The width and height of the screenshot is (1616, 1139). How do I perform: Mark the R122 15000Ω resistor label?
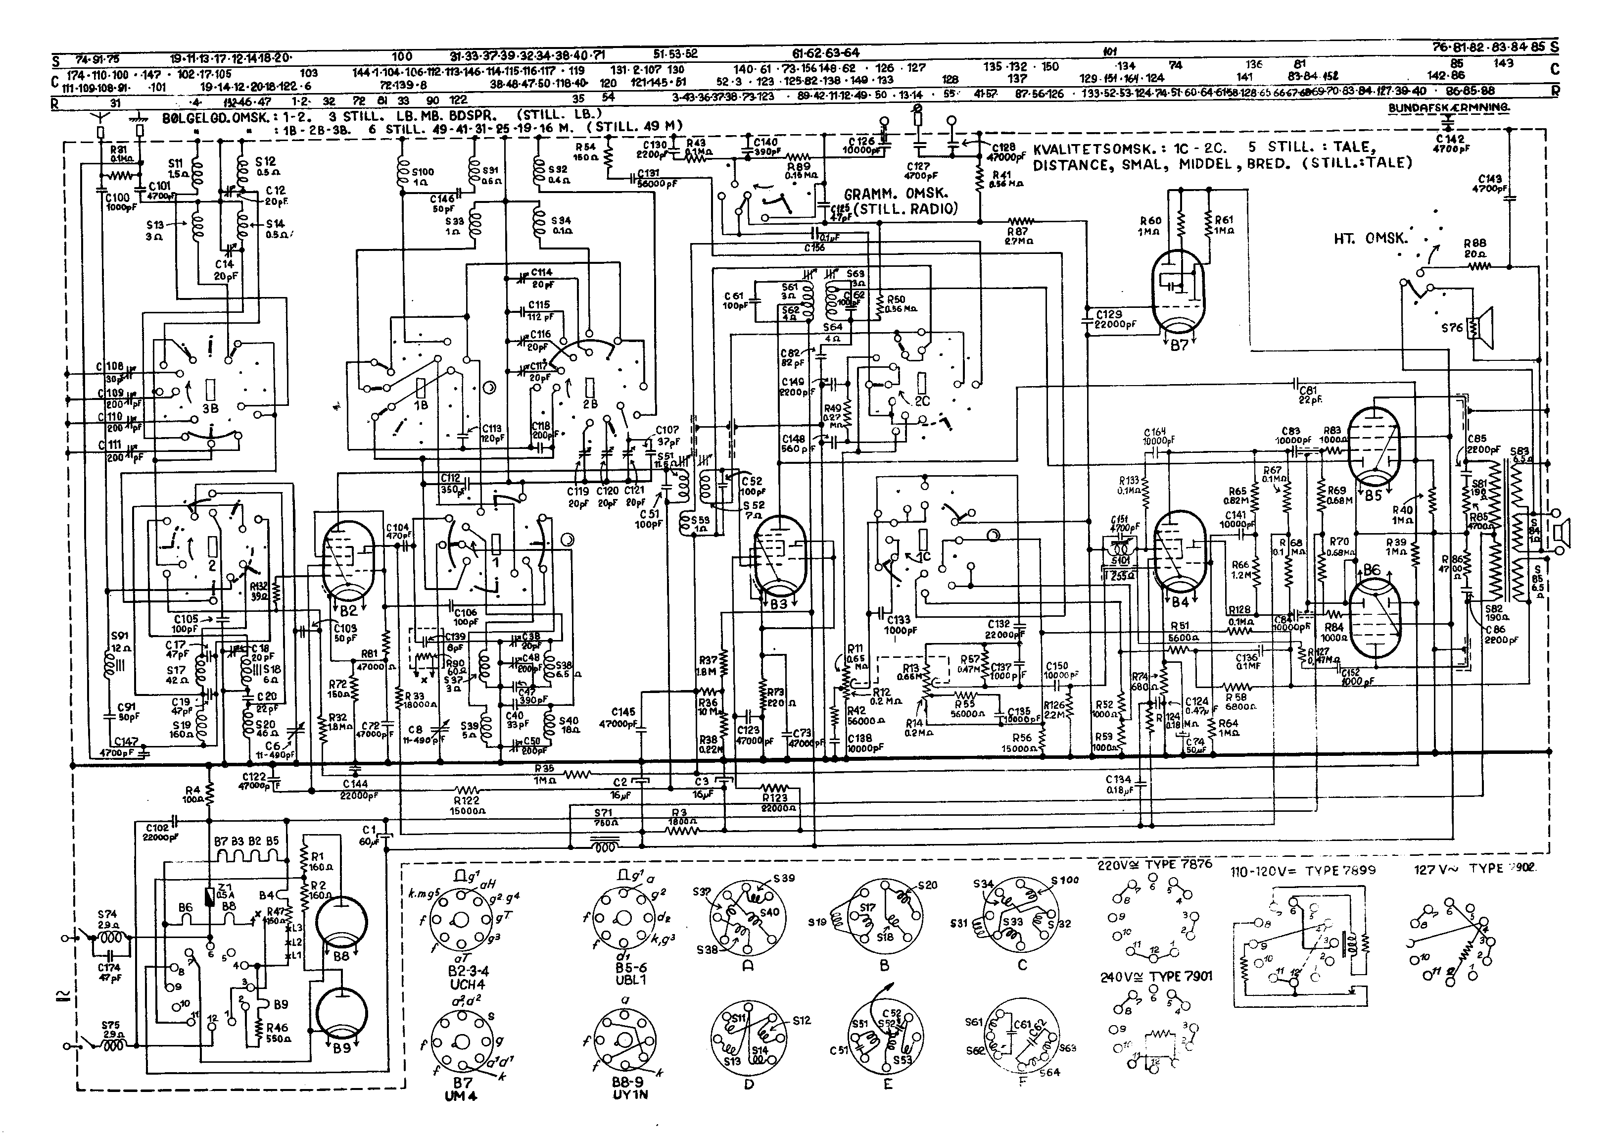(467, 805)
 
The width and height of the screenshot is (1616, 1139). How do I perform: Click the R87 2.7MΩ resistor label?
(1018, 235)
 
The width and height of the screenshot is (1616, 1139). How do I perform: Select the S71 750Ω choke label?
(603, 817)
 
